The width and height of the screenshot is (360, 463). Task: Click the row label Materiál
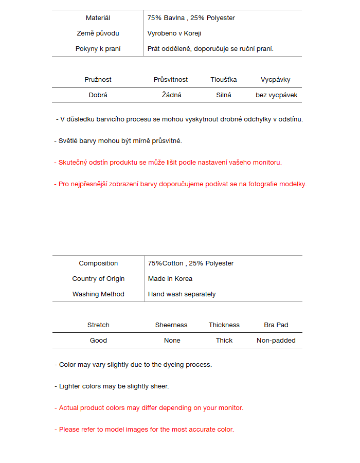coord(98,18)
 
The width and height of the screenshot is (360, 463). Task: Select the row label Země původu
coord(98,33)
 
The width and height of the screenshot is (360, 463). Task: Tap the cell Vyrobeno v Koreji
coord(174,33)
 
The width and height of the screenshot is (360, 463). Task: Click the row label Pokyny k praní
coord(98,49)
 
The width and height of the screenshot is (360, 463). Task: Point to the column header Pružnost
coord(98,80)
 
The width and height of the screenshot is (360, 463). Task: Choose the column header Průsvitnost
coord(171,80)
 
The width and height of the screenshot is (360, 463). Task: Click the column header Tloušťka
coord(224,80)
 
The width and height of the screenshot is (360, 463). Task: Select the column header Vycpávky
coord(276,80)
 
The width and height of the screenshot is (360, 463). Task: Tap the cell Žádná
coord(172,95)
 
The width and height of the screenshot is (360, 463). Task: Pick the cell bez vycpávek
coord(276,95)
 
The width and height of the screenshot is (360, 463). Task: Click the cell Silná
coord(224,95)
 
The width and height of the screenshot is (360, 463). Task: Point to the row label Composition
coord(98,263)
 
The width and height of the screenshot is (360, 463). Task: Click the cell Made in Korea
coord(170,279)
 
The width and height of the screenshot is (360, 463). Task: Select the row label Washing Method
coord(98,294)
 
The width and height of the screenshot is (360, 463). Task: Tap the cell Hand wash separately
coord(182,294)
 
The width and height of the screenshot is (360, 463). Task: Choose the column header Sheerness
coord(171,325)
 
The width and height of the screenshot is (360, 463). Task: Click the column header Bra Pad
coord(276,325)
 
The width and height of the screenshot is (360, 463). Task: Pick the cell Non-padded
coord(276,341)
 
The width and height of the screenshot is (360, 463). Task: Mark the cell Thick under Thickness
coord(224,341)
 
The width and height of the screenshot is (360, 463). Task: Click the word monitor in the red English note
coord(230,408)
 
